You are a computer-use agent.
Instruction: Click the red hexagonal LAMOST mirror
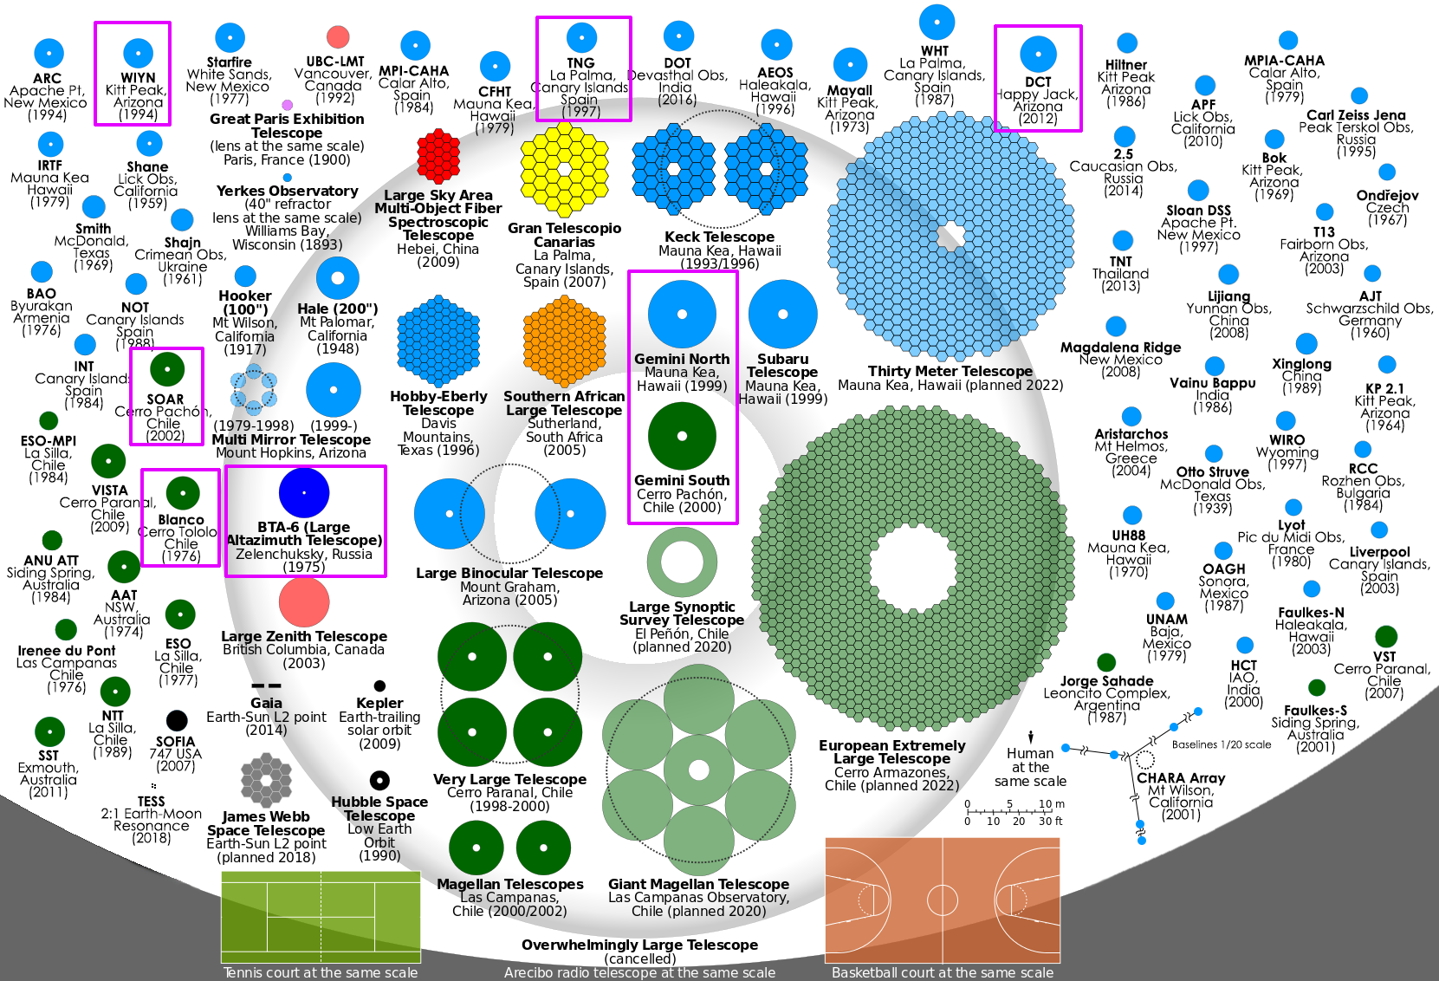click(438, 156)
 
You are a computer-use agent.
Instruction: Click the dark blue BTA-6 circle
click(304, 492)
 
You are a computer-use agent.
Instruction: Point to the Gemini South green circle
click(682, 436)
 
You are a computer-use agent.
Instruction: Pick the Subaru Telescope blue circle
click(782, 315)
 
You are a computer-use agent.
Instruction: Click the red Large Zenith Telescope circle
click(304, 601)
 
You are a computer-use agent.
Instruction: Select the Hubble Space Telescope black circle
click(379, 780)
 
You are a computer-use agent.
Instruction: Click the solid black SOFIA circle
click(177, 720)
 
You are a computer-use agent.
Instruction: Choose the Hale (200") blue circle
click(337, 279)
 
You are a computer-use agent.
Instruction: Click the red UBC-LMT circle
click(338, 37)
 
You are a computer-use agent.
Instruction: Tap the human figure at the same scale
click(1031, 737)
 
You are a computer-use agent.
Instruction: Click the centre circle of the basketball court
click(943, 900)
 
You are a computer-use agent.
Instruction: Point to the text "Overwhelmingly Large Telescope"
click(639, 945)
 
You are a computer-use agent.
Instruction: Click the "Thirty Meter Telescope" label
click(950, 371)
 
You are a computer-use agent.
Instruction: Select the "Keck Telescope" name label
click(719, 237)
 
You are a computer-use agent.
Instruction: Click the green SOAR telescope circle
click(166, 369)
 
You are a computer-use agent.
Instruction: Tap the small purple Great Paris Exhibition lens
click(288, 105)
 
